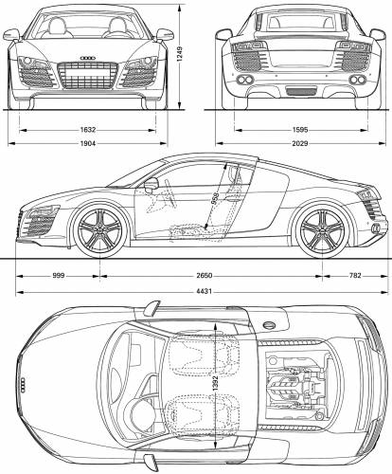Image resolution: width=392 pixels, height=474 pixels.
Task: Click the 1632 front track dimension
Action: click(88, 130)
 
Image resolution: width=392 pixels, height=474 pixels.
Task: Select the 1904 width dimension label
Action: click(88, 143)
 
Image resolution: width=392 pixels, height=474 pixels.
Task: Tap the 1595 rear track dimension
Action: click(300, 130)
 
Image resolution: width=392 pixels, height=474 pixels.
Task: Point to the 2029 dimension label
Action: click(300, 143)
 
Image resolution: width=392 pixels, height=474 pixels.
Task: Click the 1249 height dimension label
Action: click(179, 54)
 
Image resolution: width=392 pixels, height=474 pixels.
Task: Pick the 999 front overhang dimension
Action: click(59, 276)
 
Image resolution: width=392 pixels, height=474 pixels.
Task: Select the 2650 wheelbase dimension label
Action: click(205, 276)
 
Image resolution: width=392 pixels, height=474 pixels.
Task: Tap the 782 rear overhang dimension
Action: click(355, 276)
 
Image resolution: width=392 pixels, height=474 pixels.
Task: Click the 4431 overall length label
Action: click(205, 291)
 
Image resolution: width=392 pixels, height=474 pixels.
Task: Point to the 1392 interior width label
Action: click(215, 383)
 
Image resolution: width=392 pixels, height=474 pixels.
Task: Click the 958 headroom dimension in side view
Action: click(215, 198)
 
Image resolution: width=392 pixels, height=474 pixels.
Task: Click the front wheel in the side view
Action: click(100, 229)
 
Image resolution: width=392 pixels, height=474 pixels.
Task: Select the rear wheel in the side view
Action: click(322, 229)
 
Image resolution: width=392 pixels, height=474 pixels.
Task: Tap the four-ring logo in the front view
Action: click(88, 58)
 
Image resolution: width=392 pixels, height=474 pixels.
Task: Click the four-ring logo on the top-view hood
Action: click(23, 385)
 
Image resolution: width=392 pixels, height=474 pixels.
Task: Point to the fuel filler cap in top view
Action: click(269, 325)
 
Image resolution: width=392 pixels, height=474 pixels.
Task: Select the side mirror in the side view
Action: click(151, 185)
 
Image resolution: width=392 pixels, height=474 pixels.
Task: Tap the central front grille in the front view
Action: click(88, 75)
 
